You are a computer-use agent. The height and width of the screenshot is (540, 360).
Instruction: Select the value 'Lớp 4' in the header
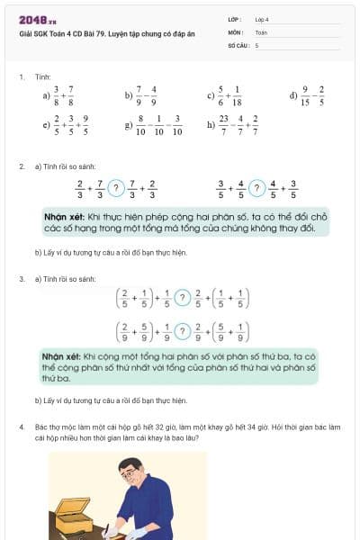point(262,18)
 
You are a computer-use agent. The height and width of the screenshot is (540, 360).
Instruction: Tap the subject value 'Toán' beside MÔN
point(261,31)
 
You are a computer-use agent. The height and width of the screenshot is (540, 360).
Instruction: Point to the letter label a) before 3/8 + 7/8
point(45,94)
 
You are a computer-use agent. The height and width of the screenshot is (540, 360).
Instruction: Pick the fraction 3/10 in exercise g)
point(176,124)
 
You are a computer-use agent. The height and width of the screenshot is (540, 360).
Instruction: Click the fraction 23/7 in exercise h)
point(223,124)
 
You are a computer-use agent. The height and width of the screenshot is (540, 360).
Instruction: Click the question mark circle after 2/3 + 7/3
point(115,188)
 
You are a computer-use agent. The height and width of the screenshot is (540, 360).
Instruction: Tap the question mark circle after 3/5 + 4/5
point(257,188)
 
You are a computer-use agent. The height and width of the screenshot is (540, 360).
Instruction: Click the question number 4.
point(22,425)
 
